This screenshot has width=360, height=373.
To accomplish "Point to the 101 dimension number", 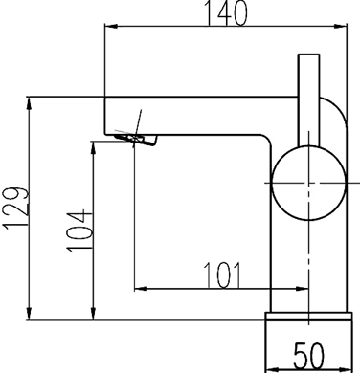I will (x=222, y=274).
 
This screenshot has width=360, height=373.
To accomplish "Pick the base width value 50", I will (x=307, y=356).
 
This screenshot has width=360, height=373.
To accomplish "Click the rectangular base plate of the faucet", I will (x=307, y=326).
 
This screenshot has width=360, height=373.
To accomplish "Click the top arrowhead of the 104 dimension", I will (x=95, y=145).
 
